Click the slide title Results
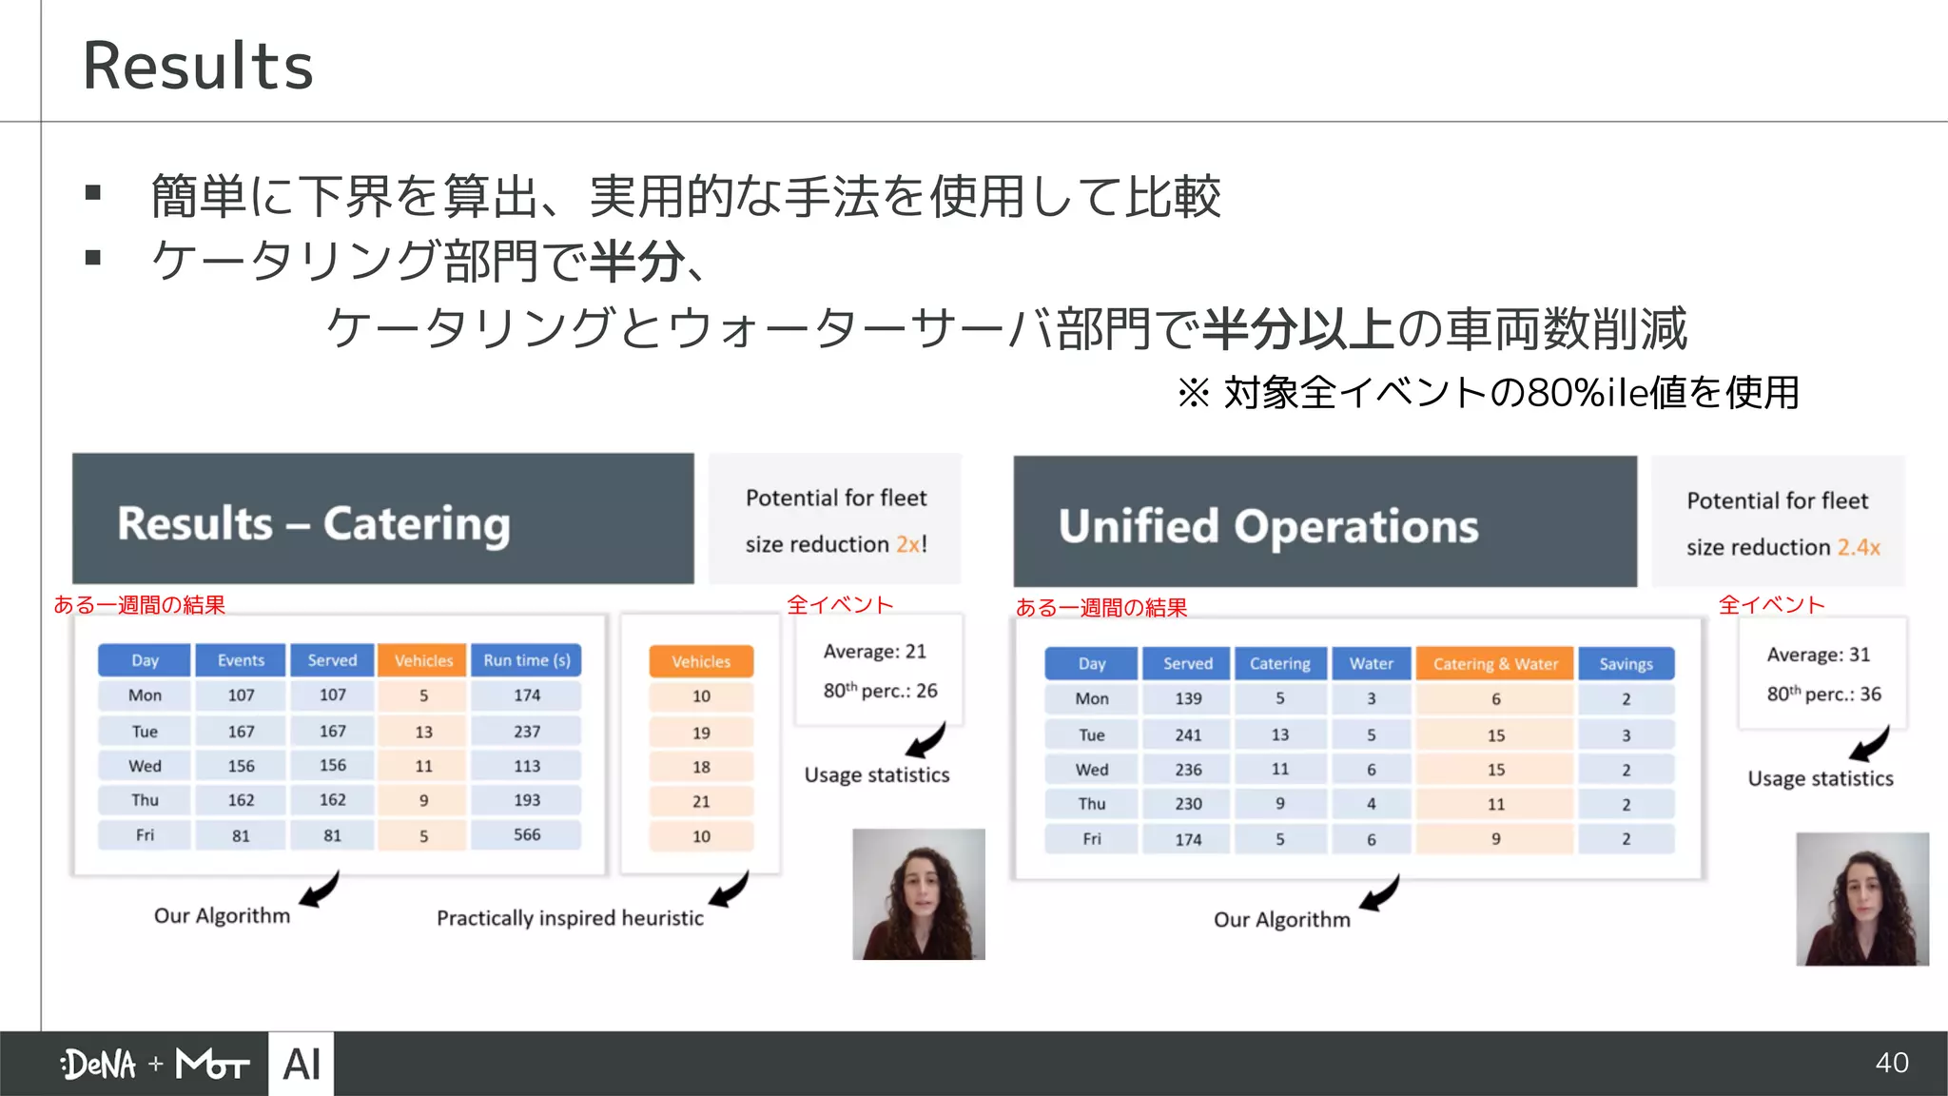tap(198, 67)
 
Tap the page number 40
tap(1892, 1063)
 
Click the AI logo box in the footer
tap(302, 1064)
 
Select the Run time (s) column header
tap(527, 660)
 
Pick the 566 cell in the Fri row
tap(527, 835)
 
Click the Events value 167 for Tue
tap(241, 732)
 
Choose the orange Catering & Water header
tap(1495, 664)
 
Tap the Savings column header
tap(1626, 664)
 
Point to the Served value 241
tap(1188, 735)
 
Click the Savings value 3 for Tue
tap(1626, 735)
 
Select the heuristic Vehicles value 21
tap(701, 802)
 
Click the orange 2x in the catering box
tap(907, 544)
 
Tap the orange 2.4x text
tap(1859, 548)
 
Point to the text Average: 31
tap(1818, 655)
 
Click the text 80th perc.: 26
tap(880, 691)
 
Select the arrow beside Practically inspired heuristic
tap(730, 890)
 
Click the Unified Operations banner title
tap(1268, 526)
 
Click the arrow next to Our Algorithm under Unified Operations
tap(1380, 894)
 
